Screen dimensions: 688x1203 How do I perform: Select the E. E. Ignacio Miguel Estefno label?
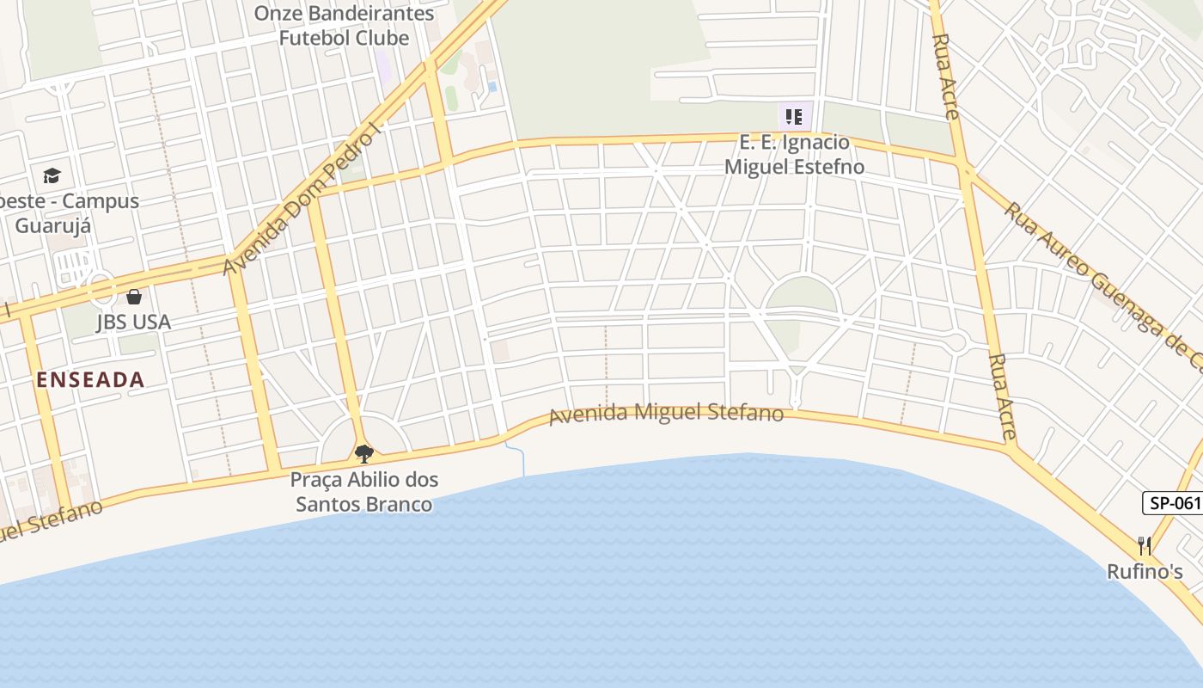pos(794,155)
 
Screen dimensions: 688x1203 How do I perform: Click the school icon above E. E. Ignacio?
pos(794,116)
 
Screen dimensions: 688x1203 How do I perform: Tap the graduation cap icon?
pos(52,176)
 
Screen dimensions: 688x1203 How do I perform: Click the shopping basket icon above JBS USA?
pos(134,298)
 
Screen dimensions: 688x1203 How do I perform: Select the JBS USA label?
pos(133,322)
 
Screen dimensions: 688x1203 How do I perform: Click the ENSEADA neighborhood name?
pos(90,380)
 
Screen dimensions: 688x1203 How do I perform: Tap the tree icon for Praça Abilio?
pos(364,453)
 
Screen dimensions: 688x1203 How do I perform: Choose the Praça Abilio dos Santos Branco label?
pos(364,492)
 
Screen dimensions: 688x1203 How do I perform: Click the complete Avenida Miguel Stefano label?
pos(666,414)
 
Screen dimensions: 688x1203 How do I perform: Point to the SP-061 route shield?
pos(1174,503)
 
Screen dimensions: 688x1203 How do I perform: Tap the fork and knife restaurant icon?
pos(1145,546)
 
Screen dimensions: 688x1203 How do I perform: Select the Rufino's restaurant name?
pos(1145,572)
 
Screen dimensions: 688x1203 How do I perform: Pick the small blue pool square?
pos(492,87)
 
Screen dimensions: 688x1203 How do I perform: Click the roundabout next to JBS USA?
pos(101,287)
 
